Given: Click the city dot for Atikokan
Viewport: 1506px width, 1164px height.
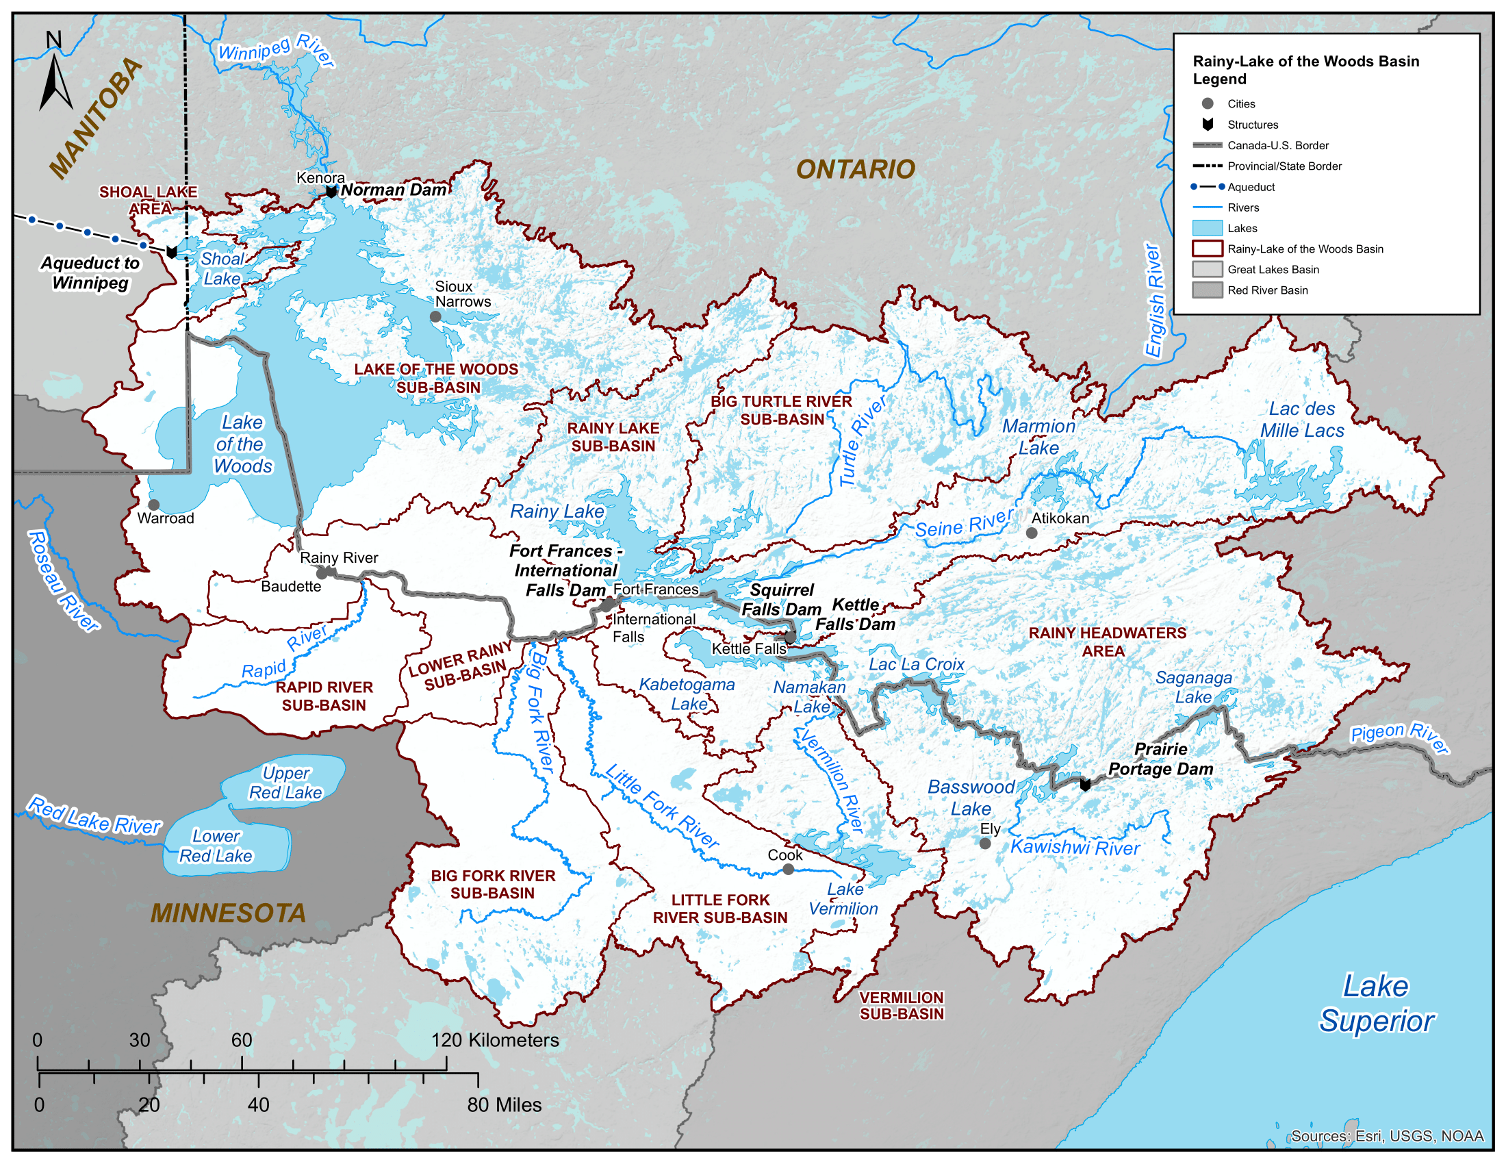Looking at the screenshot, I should click(x=1032, y=533).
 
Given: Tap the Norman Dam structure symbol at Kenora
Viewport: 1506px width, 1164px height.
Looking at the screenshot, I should click(x=331, y=192).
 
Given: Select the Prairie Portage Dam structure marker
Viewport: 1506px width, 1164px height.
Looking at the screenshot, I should click(x=1085, y=785).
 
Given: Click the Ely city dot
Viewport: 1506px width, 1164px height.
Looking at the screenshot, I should click(x=985, y=844).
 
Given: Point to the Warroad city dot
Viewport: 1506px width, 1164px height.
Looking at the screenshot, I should click(x=154, y=505).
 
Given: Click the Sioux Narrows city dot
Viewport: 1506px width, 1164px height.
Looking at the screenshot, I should click(x=435, y=316).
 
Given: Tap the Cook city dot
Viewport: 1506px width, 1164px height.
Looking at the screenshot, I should click(x=788, y=870).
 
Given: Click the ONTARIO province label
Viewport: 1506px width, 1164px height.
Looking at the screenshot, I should click(x=855, y=170).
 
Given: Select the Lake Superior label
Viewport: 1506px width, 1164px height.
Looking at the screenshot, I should click(x=1377, y=1004).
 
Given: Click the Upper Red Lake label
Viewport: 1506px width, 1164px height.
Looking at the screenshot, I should click(x=285, y=783).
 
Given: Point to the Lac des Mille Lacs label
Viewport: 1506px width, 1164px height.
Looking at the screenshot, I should click(x=1302, y=420).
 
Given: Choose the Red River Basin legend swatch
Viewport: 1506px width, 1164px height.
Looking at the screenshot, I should click(x=1207, y=290).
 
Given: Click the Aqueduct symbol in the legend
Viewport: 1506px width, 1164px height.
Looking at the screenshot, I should click(x=1207, y=187).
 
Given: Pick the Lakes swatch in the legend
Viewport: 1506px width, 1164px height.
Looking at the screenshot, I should click(x=1207, y=228).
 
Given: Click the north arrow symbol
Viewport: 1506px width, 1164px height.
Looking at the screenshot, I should click(x=55, y=76).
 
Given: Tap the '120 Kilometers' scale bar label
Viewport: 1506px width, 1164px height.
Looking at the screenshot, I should click(x=495, y=1041).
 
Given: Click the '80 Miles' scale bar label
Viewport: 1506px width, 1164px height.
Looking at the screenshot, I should click(x=504, y=1105).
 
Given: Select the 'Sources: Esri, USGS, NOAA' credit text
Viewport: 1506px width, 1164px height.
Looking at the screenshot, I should click(x=1387, y=1137).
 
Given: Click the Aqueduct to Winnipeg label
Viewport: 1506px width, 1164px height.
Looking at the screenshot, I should click(x=90, y=273).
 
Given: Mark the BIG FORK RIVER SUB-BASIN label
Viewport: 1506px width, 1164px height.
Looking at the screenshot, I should click(x=493, y=885).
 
